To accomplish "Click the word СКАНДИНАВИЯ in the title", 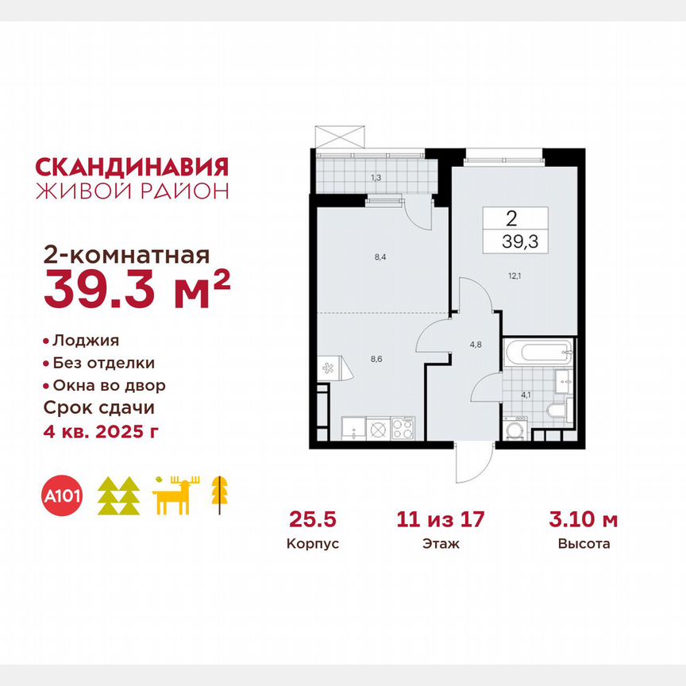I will (x=132, y=167).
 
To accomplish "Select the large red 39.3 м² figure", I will (x=137, y=288).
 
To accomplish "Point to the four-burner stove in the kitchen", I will (x=401, y=429).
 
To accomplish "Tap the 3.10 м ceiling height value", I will (x=583, y=521).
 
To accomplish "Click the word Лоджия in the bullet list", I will (x=86, y=340).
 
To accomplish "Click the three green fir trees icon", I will (x=118, y=497).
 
